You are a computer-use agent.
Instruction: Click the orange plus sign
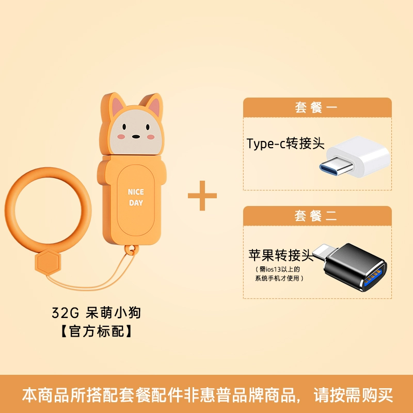pos(202,196)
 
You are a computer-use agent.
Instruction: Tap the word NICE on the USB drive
pos(136,192)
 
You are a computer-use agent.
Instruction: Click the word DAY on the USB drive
pos(136,203)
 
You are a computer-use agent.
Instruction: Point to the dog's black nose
pos(136,136)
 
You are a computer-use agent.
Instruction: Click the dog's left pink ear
pos(118,105)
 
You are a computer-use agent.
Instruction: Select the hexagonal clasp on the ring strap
pos(48,262)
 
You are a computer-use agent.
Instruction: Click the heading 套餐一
pos(316,107)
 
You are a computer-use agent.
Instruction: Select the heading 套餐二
pos(315,216)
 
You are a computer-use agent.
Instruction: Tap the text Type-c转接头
pos(285,144)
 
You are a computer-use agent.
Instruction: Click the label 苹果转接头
pos(281,255)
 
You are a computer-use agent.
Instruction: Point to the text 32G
pos(66,313)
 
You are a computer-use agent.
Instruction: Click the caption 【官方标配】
pos(97,331)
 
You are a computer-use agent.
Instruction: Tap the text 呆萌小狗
pos(113,313)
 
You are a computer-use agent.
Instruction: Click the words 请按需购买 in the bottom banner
pos(353,394)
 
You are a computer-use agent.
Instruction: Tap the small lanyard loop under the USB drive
pos(131,250)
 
